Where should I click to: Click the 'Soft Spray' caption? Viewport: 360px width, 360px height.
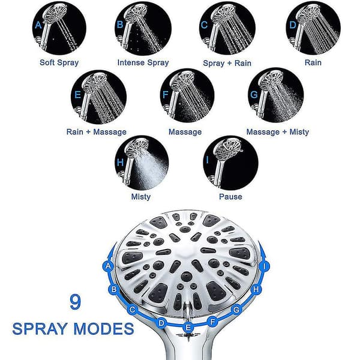point(59,62)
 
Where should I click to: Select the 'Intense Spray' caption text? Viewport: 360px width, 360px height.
point(143,62)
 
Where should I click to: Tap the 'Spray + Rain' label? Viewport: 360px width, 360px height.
point(227,63)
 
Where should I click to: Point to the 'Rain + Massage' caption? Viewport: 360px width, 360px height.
point(97,132)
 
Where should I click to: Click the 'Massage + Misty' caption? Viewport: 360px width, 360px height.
point(278,132)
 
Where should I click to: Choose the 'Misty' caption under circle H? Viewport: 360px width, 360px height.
point(141,197)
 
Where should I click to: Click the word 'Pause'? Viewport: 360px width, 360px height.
point(230,197)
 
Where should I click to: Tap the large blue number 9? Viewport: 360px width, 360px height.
point(76,302)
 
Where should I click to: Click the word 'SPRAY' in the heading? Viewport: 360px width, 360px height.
point(40,329)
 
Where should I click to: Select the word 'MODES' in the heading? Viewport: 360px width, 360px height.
point(104,329)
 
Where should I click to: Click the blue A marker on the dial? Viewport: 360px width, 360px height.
point(108,266)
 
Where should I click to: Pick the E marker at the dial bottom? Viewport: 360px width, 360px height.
point(188,327)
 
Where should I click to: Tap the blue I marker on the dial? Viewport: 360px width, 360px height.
point(265,266)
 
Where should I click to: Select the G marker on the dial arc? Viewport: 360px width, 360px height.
point(236,310)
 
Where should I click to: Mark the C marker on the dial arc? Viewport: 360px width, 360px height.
point(132,310)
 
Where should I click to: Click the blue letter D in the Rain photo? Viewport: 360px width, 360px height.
point(293,25)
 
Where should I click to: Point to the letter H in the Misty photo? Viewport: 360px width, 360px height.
point(120,163)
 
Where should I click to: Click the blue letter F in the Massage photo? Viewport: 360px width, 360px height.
point(165,95)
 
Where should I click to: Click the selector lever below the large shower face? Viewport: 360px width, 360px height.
point(188,310)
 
